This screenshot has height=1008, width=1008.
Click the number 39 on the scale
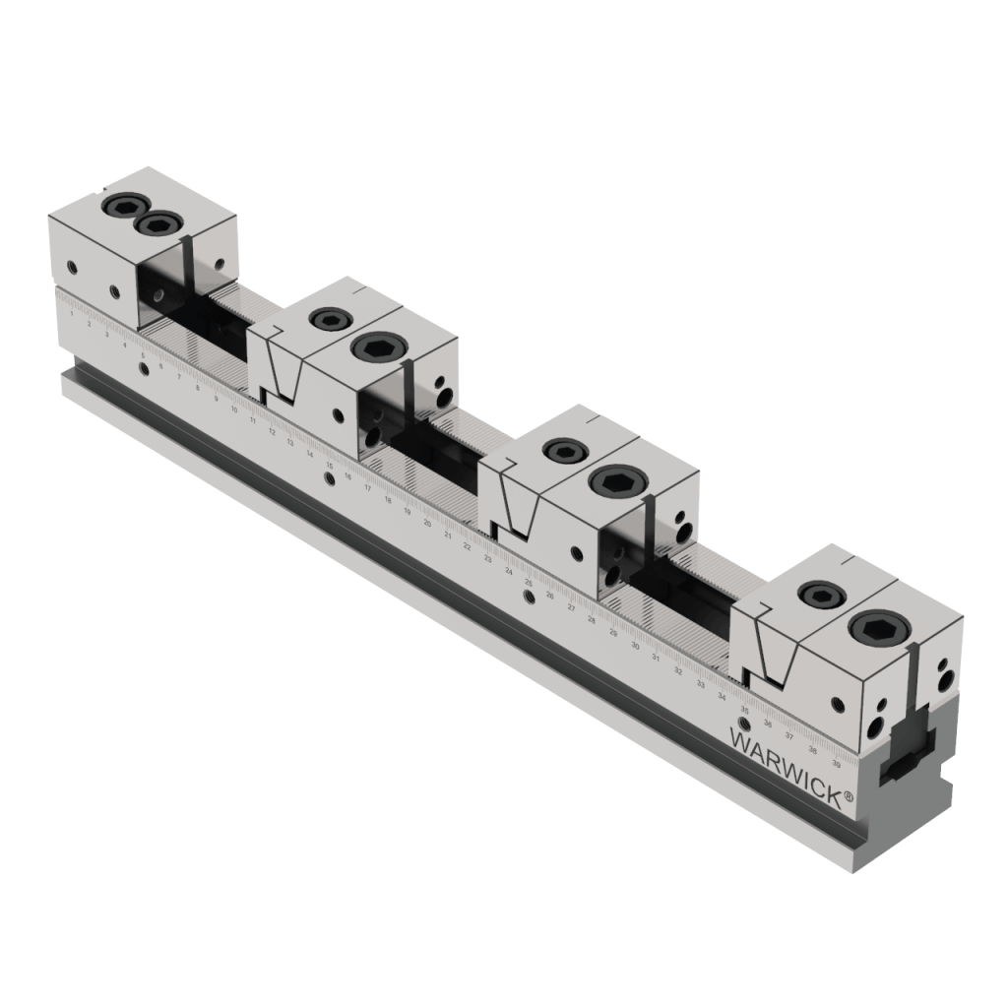point(836,762)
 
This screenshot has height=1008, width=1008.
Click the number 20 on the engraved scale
point(427,523)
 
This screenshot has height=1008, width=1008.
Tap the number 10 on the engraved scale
point(233,409)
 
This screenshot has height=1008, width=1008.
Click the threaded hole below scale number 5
point(145,368)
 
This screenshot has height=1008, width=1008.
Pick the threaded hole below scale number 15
point(330,479)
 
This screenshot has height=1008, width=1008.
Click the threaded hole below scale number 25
point(530,598)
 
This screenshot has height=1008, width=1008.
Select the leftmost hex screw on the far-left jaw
point(121,206)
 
